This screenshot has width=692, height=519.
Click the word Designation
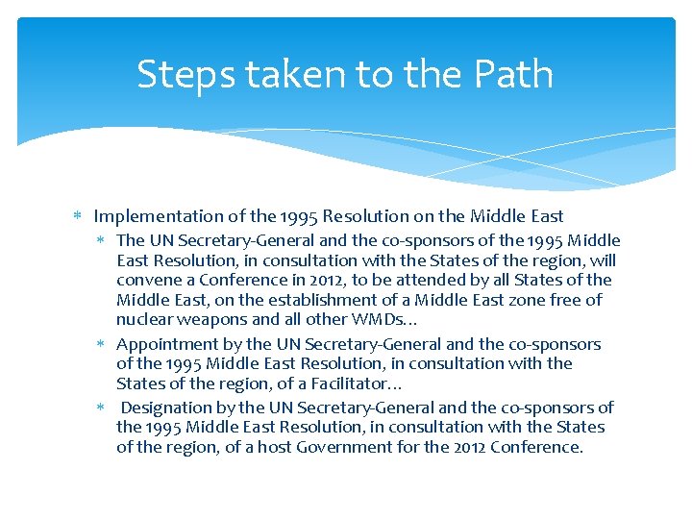pos(168,408)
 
